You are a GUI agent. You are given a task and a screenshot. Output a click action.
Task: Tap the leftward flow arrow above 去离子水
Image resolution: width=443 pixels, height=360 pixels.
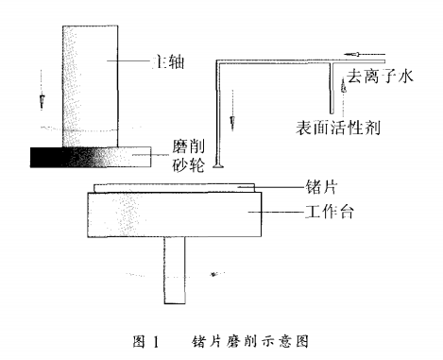(362, 54)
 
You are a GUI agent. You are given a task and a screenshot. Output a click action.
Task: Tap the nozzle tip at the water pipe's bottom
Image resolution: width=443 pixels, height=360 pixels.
(218, 166)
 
